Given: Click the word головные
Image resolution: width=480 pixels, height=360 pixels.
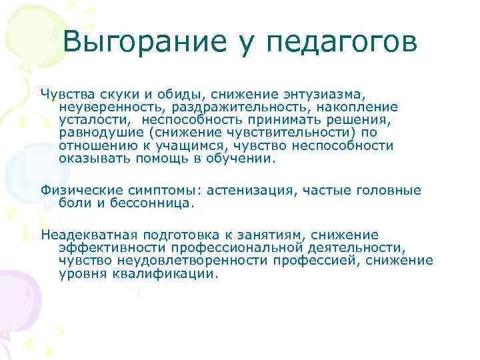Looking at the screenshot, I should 390,191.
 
